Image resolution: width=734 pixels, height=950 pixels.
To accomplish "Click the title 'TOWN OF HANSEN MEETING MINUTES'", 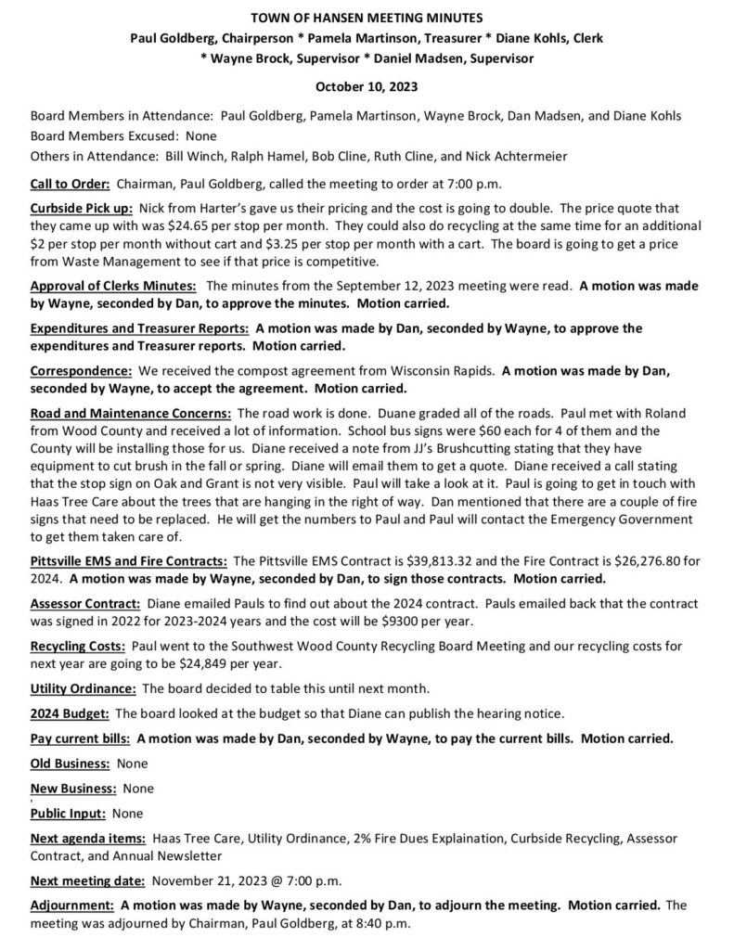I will click(x=367, y=18).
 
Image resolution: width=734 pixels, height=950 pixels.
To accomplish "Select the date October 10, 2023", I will click(x=367, y=87).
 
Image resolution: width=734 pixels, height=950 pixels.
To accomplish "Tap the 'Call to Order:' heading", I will click(x=71, y=183).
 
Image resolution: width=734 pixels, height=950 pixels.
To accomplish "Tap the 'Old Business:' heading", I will click(x=70, y=763).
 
